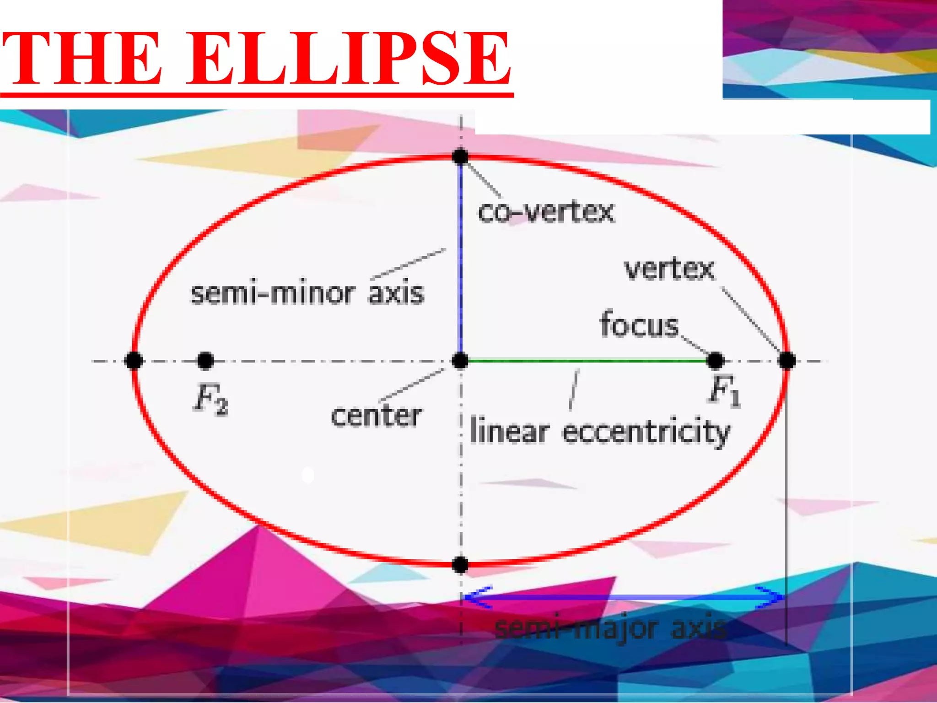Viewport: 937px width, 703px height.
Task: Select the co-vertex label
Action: click(546, 212)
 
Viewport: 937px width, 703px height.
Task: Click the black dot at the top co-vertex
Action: click(460, 157)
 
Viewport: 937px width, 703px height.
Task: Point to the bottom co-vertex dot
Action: click(460, 565)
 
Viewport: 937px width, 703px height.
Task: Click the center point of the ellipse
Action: click(460, 361)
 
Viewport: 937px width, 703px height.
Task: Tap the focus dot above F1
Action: click(715, 361)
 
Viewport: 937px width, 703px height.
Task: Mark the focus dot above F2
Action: click(205, 361)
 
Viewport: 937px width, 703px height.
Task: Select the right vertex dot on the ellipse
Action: click(787, 361)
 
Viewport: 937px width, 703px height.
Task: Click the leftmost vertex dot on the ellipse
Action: click(134, 361)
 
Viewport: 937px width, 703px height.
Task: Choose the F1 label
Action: click(725, 391)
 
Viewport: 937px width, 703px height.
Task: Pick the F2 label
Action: click(211, 399)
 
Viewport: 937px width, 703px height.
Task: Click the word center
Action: click(376, 416)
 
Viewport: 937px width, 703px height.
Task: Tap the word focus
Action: click(639, 325)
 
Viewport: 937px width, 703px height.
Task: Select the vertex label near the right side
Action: click(669, 269)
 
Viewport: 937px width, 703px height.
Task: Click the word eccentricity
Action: click(646, 432)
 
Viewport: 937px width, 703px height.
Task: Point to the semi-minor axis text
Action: click(307, 293)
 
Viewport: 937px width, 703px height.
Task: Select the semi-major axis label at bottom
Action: click(611, 628)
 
